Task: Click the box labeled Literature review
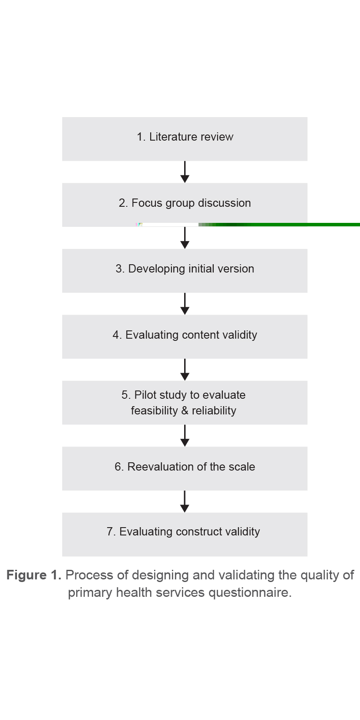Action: pos(185,139)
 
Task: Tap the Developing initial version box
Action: pos(185,270)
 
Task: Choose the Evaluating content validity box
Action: pos(185,336)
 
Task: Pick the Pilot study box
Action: pos(185,402)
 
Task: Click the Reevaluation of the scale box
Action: pos(185,468)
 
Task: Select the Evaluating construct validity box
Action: pos(185,534)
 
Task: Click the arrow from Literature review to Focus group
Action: pos(185,172)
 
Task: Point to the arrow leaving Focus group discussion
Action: pos(185,238)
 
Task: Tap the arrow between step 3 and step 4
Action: pos(185,304)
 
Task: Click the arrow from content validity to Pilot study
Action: pos(185,370)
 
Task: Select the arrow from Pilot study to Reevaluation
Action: pos(185,436)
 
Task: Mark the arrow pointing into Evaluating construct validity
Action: pos(185,501)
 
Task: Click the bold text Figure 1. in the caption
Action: pos(34,575)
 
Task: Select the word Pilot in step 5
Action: pos(145,395)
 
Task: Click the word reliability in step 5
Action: pos(214,410)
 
